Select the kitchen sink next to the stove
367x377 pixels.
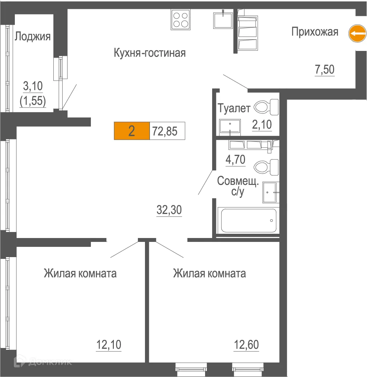(x=223, y=19)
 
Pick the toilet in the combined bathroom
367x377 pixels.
(x=267, y=167)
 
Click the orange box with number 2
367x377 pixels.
(x=132, y=131)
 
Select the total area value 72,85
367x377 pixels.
(x=164, y=131)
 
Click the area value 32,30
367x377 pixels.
(x=169, y=210)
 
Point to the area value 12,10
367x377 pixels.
(x=109, y=344)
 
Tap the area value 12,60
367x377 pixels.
(x=246, y=344)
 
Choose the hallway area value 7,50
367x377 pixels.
(x=324, y=70)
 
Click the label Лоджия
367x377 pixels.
(x=33, y=36)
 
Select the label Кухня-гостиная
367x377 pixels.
(x=150, y=53)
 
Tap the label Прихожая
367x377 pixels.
(x=315, y=32)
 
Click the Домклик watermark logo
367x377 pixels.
(x=42, y=361)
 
